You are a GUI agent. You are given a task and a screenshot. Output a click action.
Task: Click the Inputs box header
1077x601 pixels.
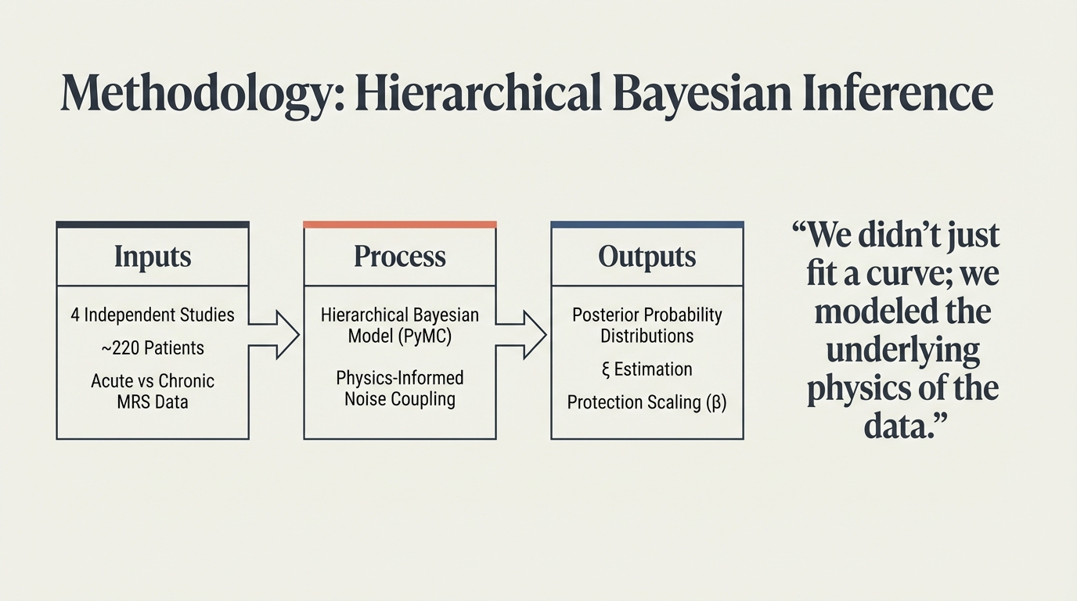(x=153, y=257)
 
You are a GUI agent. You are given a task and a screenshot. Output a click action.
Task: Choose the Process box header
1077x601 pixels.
(x=400, y=257)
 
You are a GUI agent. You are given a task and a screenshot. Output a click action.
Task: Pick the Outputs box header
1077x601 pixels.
(x=647, y=257)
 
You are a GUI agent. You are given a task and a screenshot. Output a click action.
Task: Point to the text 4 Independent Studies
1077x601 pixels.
(x=153, y=315)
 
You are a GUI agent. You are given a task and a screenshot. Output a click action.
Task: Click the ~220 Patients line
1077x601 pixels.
(x=153, y=347)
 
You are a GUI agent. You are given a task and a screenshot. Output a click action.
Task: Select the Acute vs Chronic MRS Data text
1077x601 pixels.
(x=153, y=391)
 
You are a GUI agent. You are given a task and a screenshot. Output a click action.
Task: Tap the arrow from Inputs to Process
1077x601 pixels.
(x=276, y=334)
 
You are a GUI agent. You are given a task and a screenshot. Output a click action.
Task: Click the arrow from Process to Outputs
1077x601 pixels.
(x=523, y=334)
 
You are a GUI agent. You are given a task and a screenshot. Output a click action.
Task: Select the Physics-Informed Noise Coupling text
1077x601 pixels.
(x=400, y=388)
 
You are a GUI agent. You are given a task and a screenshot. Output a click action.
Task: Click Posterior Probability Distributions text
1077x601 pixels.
(x=647, y=325)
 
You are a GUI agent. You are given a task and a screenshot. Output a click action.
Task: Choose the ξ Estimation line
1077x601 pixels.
(x=647, y=369)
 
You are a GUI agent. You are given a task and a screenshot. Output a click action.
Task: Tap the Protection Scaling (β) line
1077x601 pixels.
(x=647, y=402)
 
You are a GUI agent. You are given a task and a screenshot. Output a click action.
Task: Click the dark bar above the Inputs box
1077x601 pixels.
(x=153, y=225)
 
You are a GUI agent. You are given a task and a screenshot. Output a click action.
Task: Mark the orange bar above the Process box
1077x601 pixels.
(x=400, y=225)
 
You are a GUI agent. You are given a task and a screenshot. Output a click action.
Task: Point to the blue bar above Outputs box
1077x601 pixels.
(x=647, y=225)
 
